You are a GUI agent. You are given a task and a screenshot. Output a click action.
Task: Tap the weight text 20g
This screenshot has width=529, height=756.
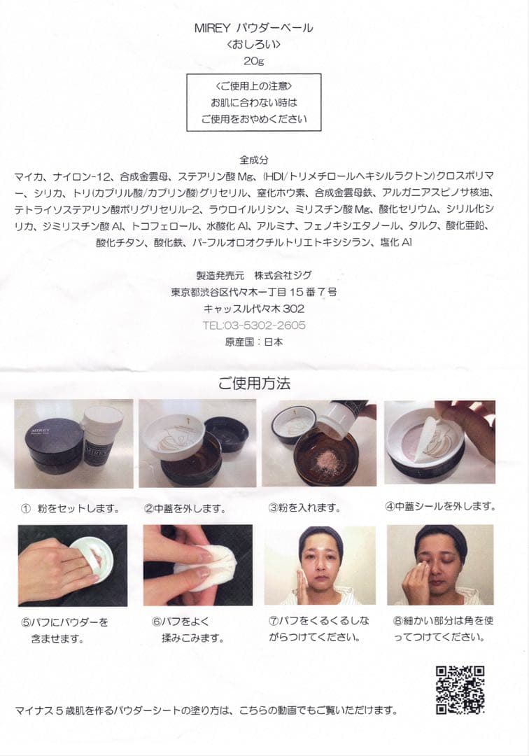(254, 60)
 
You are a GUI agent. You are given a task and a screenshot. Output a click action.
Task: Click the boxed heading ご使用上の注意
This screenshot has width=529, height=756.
(254, 86)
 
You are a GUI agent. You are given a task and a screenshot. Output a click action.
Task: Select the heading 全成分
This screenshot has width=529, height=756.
(253, 160)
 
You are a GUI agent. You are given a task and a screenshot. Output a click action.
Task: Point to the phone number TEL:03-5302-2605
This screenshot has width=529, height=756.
(254, 325)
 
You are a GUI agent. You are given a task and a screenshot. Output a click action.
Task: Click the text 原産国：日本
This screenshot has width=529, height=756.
(254, 342)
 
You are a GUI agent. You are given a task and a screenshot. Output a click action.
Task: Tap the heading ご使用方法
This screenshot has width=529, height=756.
(253, 384)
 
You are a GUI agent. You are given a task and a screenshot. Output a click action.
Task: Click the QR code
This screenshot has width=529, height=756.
(460, 689)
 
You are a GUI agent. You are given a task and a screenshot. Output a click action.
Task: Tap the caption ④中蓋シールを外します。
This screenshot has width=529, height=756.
(440, 506)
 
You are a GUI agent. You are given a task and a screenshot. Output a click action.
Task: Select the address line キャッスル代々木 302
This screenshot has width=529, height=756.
(254, 309)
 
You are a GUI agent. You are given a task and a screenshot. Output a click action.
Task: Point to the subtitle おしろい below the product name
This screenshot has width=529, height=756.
(254, 44)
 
